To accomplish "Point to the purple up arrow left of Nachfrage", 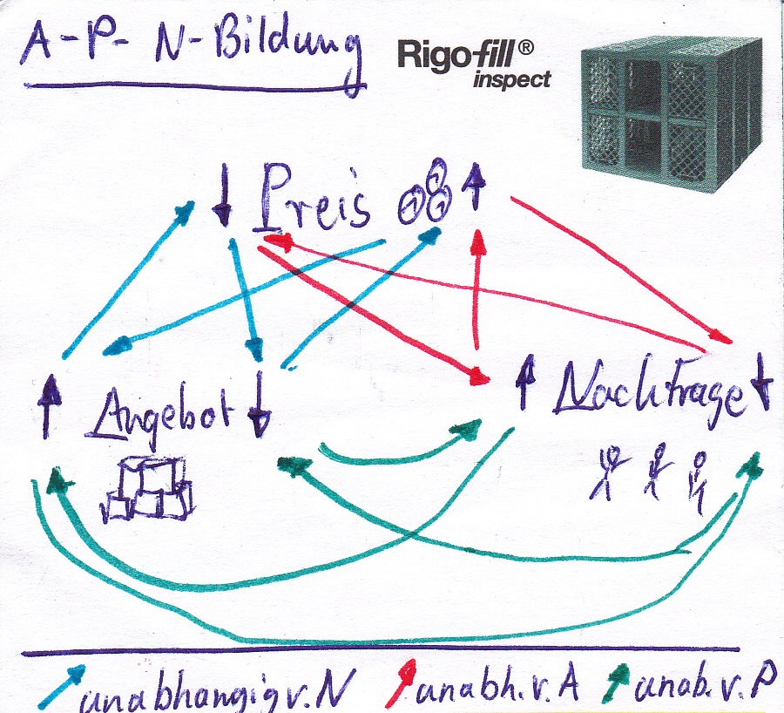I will pyautogui.click(x=524, y=384).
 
